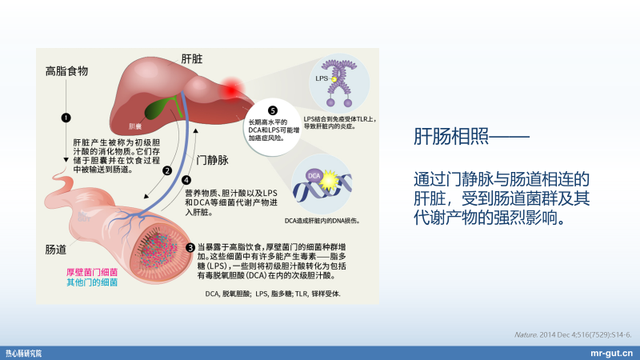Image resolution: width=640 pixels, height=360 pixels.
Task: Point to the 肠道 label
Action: pos(56,249)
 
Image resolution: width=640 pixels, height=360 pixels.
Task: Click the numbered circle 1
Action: pos(66,118)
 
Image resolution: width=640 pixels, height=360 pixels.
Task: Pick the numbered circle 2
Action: pos(166,170)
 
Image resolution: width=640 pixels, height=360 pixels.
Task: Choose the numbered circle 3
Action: pos(190,246)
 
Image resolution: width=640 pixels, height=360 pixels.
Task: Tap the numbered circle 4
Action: pos(187,181)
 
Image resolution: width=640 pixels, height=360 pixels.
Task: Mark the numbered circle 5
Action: pos(273,110)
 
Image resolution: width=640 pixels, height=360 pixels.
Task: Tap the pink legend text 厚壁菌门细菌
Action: pos(92,271)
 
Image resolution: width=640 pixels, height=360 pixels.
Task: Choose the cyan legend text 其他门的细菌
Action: pos(92,282)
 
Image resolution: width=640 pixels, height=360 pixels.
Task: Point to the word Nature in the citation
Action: pos(526,333)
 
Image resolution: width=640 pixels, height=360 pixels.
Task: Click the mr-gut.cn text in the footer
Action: pos(611,353)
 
